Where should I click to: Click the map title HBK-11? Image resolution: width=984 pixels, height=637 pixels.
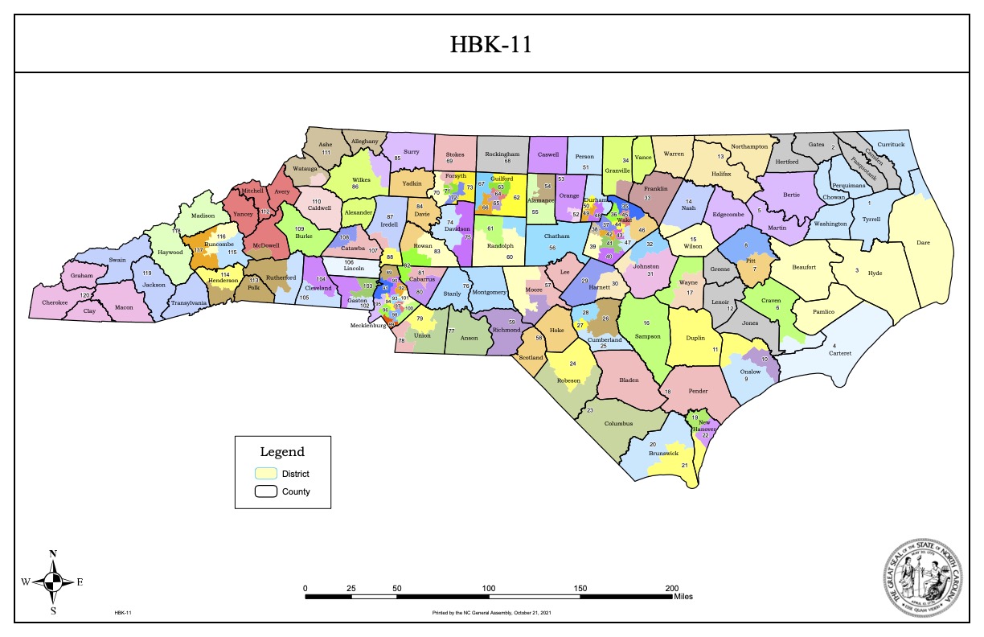(491, 45)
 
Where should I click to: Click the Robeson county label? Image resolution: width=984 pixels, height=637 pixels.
(568, 380)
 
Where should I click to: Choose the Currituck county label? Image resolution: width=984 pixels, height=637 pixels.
(891, 144)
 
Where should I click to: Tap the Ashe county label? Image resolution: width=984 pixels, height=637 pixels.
(326, 144)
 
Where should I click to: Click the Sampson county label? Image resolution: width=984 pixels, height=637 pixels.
(648, 335)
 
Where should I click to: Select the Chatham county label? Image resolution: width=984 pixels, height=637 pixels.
(556, 236)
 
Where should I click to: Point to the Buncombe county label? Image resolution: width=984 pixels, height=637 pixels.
(219, 244)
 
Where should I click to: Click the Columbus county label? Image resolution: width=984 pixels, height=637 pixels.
(619, 423)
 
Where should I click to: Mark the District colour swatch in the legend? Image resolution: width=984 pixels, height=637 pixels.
(266, 473)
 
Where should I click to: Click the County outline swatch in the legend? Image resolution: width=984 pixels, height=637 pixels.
(266, 491)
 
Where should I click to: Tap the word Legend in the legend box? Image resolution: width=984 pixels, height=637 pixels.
(282, 452)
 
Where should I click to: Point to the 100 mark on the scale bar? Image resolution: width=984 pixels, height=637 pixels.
(489, 589)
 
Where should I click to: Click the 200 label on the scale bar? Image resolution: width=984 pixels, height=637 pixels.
(672, 589)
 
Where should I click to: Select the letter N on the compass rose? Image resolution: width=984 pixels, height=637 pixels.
(53, 553)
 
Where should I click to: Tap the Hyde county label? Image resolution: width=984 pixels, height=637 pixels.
(875, 273)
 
